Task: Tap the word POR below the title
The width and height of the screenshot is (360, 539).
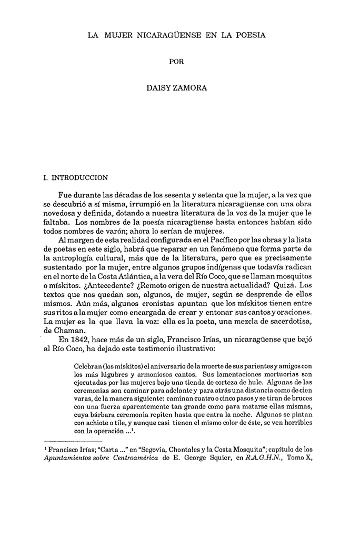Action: [177, 62]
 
